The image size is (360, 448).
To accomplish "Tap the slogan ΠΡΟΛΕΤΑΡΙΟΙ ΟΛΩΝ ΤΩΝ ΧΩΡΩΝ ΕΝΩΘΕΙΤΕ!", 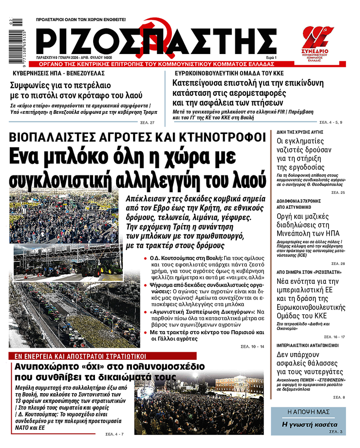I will [81, 20].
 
